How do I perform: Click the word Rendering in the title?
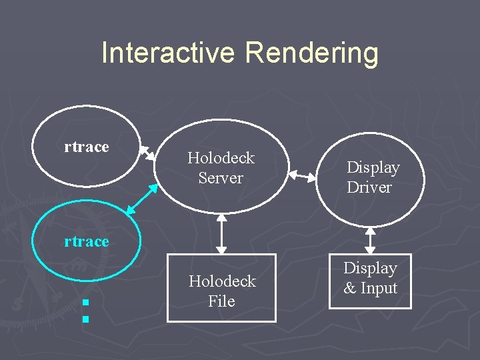[312, 54]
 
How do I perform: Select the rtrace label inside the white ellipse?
[87, 147]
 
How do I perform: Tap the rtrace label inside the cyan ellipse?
[87, 241]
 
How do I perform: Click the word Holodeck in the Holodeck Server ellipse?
[221, 158]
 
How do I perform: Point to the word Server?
[221, 178]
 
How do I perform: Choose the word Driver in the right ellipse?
[369, 187]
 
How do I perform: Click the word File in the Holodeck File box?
[221, 301]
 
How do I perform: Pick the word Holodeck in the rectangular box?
[222, 281]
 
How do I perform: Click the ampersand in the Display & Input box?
[350, 289]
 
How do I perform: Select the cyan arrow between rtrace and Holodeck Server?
[141, 199]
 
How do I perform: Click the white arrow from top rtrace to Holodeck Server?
[147, 154]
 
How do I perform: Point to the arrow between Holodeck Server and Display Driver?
[303, 177]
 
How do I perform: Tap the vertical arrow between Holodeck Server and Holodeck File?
[222, 234]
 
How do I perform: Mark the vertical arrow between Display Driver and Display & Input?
[371, 241]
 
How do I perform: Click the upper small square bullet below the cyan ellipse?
[85, 304]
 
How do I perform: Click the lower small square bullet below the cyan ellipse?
[85, 319]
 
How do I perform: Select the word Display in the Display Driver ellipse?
[373, 167]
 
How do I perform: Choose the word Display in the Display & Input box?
[370, 268]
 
